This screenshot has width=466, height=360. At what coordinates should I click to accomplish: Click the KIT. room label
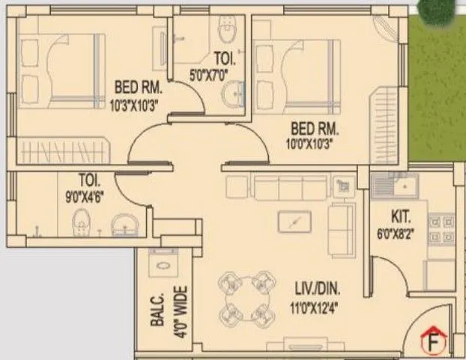[402, 217]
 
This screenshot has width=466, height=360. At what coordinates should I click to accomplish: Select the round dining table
[243, 295]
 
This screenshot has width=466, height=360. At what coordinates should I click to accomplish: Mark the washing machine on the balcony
[162, 263]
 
